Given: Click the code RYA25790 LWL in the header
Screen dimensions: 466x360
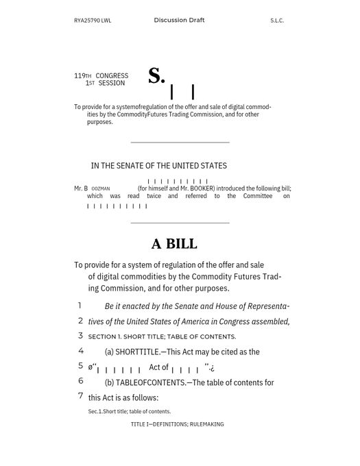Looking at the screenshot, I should (x=93, y=21).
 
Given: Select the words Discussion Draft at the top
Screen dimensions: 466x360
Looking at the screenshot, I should (x=179, y=21).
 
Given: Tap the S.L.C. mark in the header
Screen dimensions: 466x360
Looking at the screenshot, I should (x=277, y=21).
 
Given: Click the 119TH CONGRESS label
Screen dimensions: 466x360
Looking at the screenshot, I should (x=101, y=76).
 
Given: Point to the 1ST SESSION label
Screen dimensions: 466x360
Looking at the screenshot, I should (x=105, y=84).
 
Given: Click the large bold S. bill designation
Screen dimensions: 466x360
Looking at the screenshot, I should (x=156, y=77).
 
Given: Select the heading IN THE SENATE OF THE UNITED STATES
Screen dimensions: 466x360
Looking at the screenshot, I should (x=158, y=166).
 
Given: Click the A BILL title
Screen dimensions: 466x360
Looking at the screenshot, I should (x=174, y=244).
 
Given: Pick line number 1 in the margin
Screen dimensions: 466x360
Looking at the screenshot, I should (x=80, y=306).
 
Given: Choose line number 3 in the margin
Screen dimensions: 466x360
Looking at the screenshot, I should (x=80, y=336).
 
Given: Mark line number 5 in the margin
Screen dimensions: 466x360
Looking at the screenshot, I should (x=80, y=366).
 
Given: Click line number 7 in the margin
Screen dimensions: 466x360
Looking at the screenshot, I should (x=80, y=396).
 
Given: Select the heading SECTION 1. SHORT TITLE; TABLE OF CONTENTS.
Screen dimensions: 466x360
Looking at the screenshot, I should (x=162, y=336).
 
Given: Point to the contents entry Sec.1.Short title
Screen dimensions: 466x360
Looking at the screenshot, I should (x=130, y=412).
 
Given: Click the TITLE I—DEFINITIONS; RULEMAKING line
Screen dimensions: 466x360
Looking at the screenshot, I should (x=177, y=425).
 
